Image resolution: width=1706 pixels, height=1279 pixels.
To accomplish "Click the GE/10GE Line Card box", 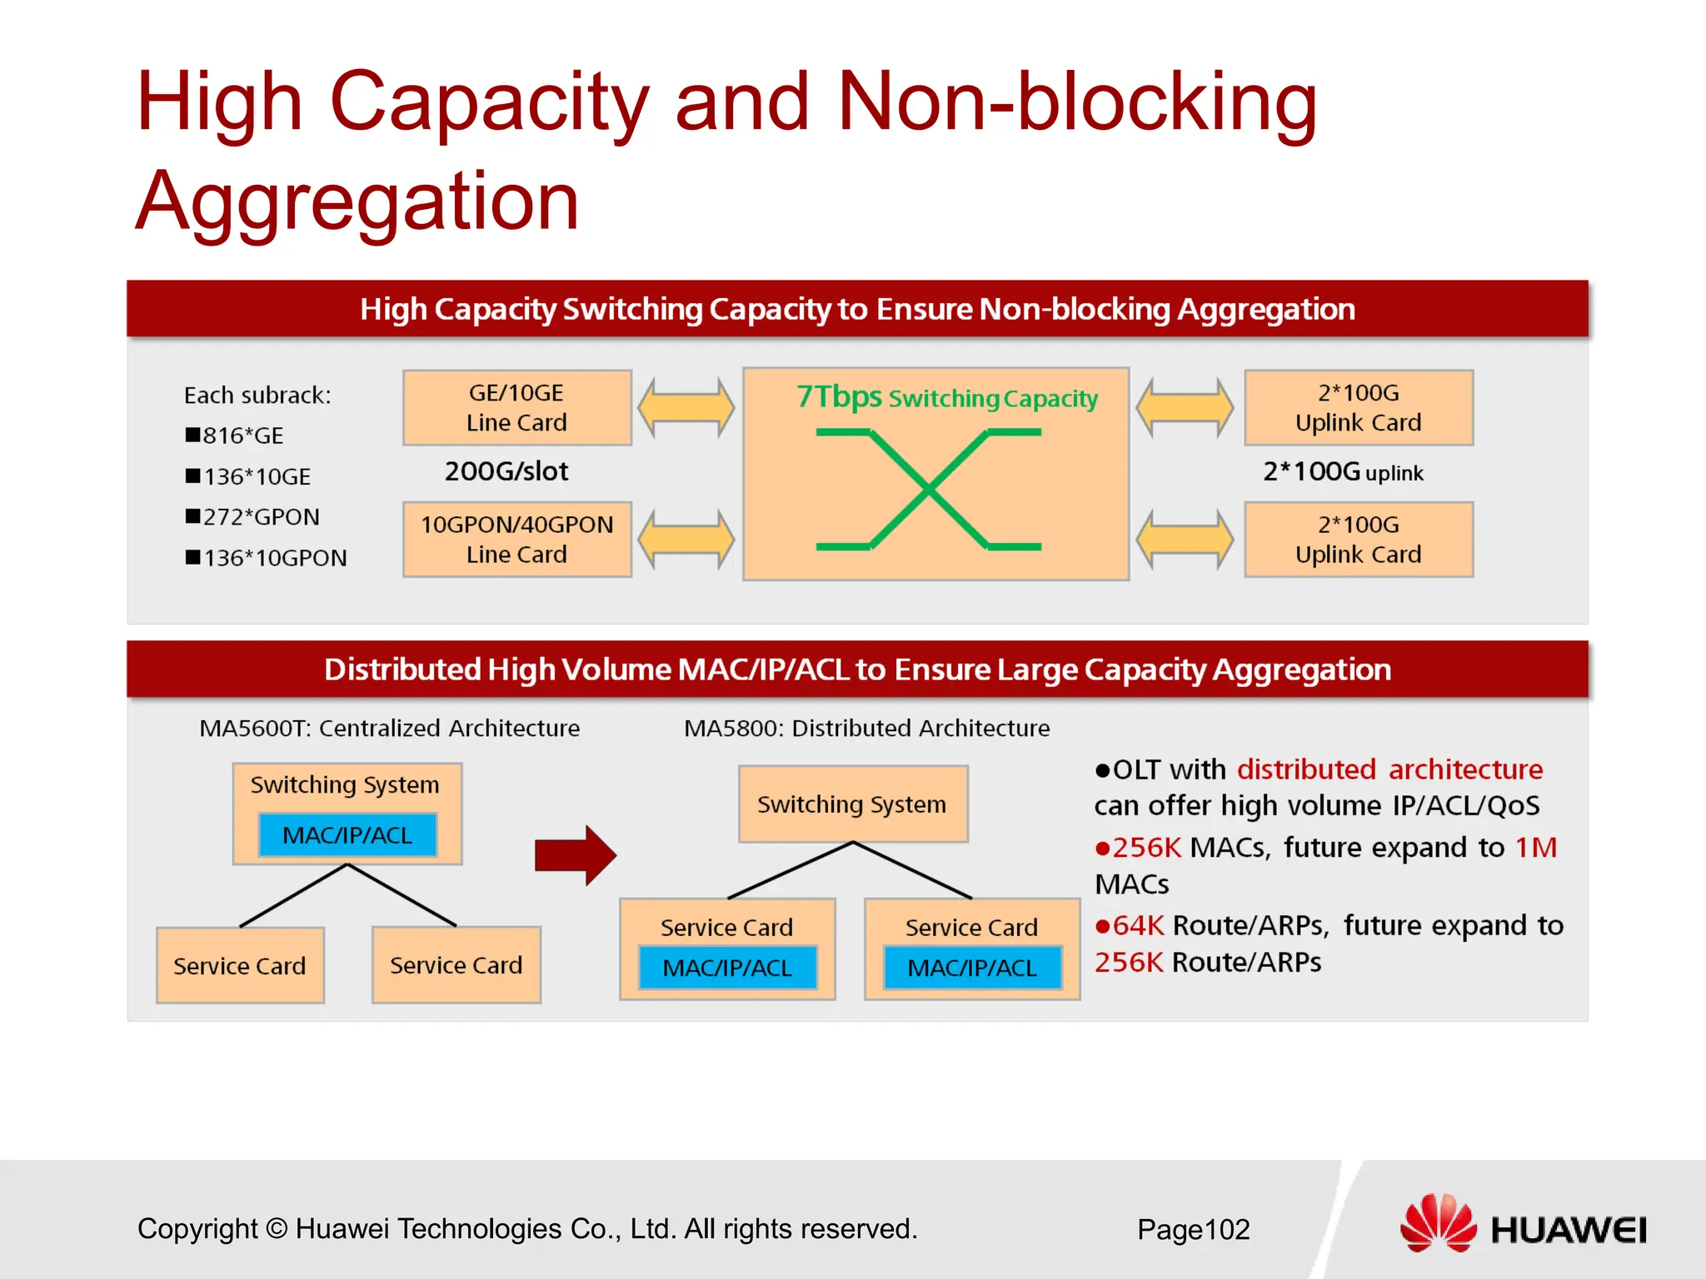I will pos(516,407).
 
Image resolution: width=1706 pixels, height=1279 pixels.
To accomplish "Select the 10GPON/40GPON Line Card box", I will pos(516,539).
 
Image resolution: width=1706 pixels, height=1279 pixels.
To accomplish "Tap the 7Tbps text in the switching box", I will pos(838,397).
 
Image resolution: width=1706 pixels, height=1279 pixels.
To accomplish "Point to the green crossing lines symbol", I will pos(928,490).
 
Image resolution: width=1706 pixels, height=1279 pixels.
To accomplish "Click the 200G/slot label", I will pos(506,471).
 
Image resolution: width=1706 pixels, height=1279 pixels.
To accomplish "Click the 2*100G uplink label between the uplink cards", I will pos(1343,472).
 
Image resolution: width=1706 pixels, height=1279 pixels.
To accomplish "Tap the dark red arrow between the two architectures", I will pos(576,855).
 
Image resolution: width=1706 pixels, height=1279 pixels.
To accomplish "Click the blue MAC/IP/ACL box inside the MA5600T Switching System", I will pos(347,835).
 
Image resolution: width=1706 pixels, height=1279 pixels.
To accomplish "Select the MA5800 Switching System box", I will pos(852,804).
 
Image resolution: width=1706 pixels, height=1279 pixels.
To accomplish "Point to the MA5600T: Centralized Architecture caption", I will pos(389,729).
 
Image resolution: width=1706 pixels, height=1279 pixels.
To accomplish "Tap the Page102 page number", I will pos(1193,1230).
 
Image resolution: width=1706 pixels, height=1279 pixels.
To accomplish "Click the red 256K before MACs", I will pos(1146,848).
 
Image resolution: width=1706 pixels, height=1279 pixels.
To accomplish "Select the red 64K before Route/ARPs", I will pos(1137,926).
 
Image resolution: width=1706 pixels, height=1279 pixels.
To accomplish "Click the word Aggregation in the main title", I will pos(357,202).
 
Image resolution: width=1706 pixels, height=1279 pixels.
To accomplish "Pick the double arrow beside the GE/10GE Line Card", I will pos(686,407).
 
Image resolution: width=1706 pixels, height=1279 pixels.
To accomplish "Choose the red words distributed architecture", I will pos(1389,769).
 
